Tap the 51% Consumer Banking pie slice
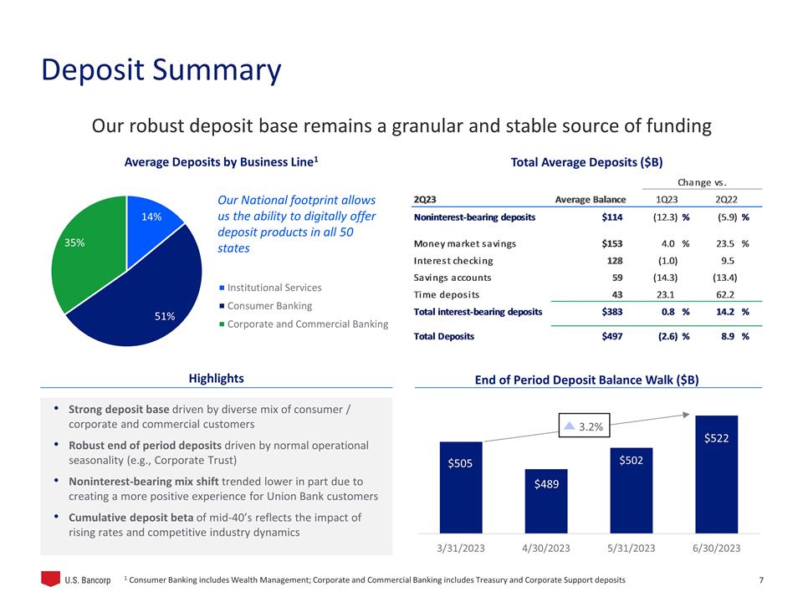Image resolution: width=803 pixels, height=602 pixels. [146, 305]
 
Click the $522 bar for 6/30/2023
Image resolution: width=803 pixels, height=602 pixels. [717, 473]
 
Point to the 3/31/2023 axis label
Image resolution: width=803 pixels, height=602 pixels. [461, 548]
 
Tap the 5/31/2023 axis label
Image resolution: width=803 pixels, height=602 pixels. [632, 548]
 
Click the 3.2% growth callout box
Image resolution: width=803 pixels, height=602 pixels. [586, 426]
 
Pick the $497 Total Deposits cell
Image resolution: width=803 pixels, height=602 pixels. [611, 337]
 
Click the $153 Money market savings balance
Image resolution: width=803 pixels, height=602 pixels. [611, 244]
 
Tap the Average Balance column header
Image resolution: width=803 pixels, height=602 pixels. [591, 199]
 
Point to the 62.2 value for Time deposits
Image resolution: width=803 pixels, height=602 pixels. [726, 294]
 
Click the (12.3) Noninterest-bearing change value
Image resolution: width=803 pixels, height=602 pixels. [665, 217]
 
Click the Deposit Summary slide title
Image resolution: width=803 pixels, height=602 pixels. [161, 70]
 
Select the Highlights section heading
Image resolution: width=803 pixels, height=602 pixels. [216, 379]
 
